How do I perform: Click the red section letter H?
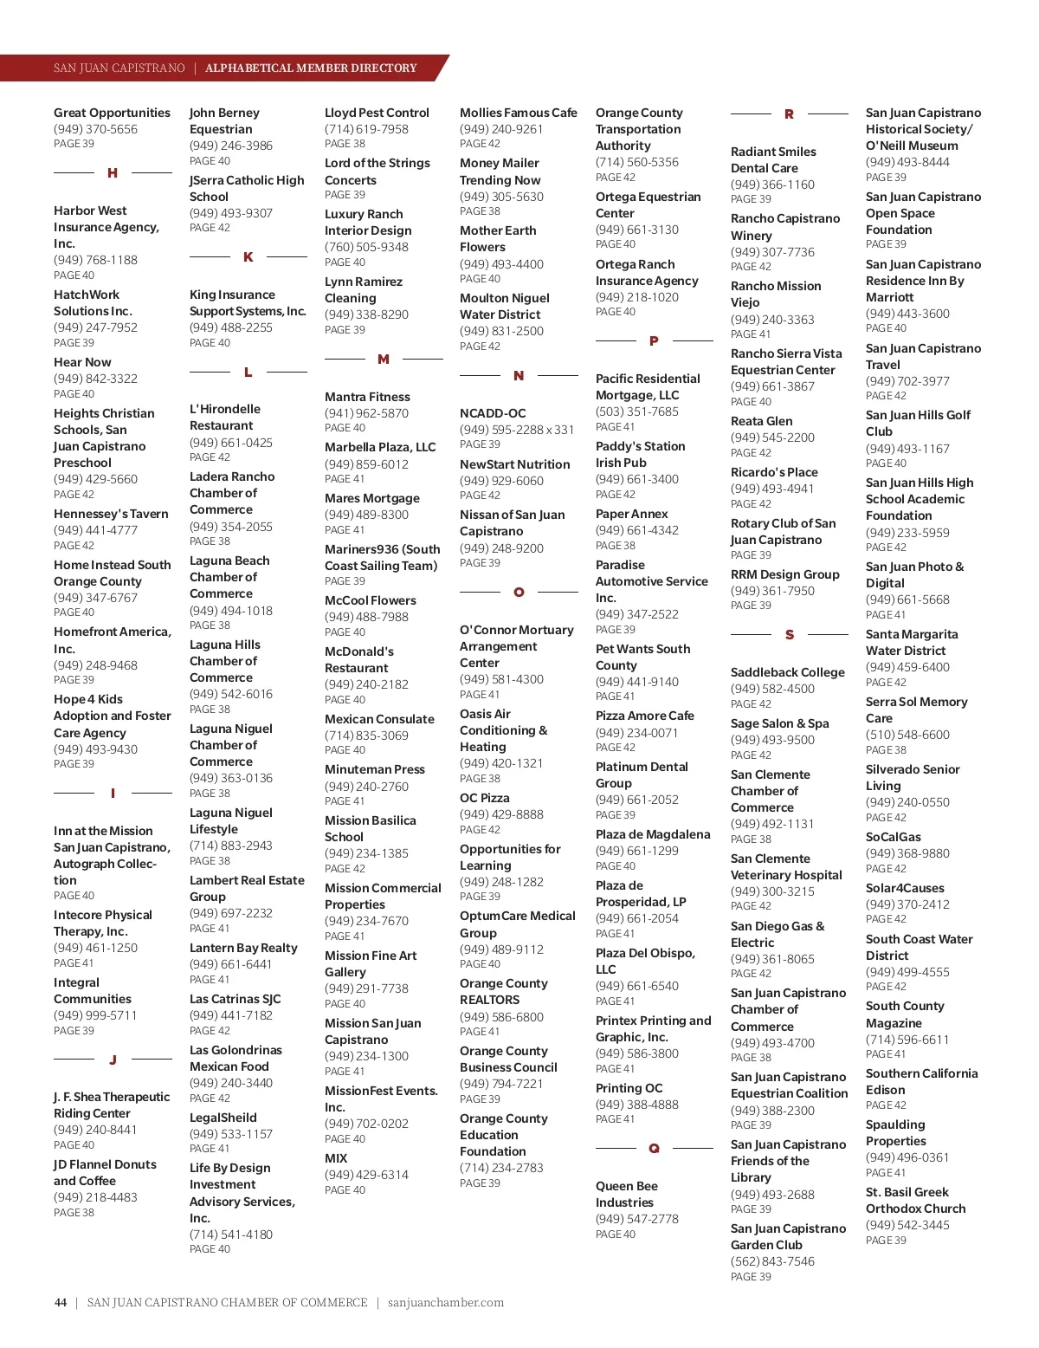point(113,173)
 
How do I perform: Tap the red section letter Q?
point(654,1149)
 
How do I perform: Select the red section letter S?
point(790,635)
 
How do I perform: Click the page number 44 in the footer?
point(61,1302)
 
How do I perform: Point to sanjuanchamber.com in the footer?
point(446,1302)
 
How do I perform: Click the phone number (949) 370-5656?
point(95,129)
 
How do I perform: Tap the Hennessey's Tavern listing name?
point(111,514)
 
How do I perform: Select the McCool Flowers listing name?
point(370,600)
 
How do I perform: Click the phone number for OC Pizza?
point(501,814)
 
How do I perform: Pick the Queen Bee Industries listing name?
point(626,1195)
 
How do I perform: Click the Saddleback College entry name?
point(787,672)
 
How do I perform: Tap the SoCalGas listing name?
point(893,837)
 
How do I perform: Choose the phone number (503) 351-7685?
point(636,412)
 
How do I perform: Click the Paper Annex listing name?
point(631,514)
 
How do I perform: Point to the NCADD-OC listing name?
point(493,413)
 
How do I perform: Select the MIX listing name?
point(336,1158)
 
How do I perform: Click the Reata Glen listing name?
point(761,421)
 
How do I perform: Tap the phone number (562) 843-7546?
point(772,1261)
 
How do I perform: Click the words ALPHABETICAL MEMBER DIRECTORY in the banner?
point(311,68)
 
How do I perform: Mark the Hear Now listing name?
point(82,362)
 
